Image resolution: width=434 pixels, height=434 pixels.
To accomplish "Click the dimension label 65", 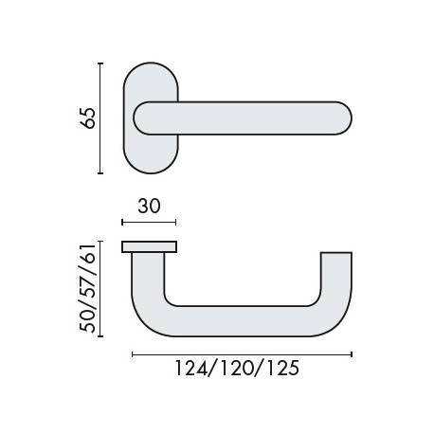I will pos(87,119).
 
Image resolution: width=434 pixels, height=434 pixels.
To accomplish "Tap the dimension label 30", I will pos(148,205).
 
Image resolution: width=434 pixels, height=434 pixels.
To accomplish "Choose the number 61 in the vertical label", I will pos(88,258).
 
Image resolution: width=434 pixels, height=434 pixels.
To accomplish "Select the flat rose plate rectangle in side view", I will pos(149,246).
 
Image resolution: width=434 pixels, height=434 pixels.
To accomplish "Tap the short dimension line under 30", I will pos(149,222).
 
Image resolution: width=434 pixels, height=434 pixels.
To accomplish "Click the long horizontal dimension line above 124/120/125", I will pos(242,353).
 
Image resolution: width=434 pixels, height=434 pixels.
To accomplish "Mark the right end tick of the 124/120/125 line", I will pos(352,353).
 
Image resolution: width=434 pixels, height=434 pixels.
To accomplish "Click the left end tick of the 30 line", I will pos(122,222).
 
